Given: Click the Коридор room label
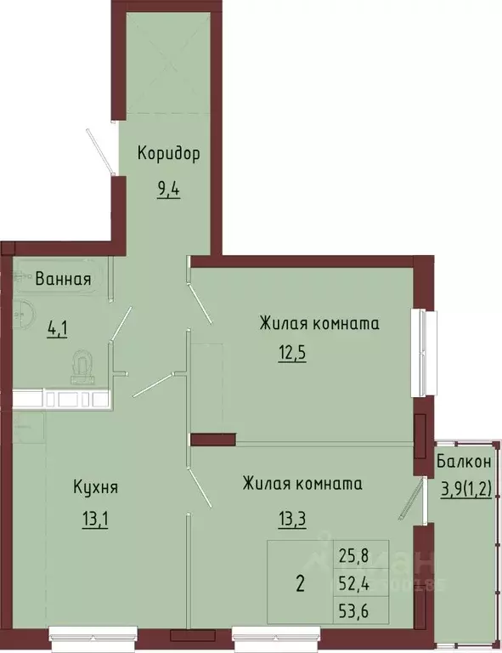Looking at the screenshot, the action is click(x=168, y=153).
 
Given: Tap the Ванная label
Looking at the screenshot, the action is click(x=63, y=279).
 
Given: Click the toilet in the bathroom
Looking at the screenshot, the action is click(x=83, y=366).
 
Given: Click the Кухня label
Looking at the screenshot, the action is click(x=96, y=486).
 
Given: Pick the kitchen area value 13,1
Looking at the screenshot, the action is click(x=95, y=520).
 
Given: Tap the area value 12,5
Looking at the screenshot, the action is click(x=292, y=354).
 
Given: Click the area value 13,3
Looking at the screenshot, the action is click(x=292, y=520).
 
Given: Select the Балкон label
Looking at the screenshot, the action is click(x=464, y=462).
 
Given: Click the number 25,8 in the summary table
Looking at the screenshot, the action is click(x=354, y=555).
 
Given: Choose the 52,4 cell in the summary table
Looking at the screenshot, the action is click(x=354, y=585).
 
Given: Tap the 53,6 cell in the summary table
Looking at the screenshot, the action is click(x=354, y=611).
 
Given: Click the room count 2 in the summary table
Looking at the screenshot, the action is click(x=301, y=583).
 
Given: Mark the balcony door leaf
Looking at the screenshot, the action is click(x=412, y=498).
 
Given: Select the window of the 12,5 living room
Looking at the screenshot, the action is click(x=424, y=353).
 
